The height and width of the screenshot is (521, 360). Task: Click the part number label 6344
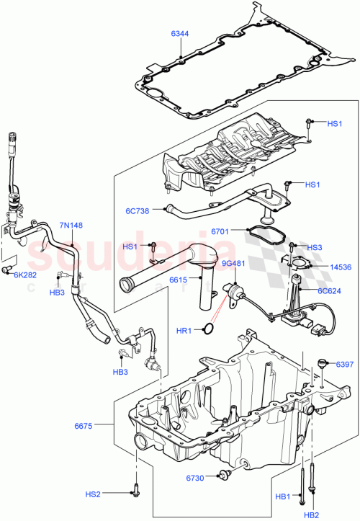tap(181, 33)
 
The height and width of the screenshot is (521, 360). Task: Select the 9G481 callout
tap(233, 263)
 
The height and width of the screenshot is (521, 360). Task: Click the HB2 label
tap(311, 515)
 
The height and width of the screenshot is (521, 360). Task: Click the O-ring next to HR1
tap(207, 330)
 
